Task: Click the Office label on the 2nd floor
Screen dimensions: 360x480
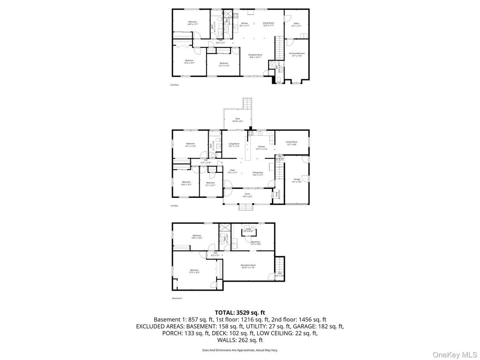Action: (296, 24)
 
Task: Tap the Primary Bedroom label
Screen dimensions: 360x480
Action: (296, 54)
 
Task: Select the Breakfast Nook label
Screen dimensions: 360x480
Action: (255, 56)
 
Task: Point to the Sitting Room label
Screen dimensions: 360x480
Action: (268, 24)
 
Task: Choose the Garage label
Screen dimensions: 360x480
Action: (297, 180)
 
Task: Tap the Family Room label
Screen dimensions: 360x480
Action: (291, 143)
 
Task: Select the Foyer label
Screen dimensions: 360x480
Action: (232, 171)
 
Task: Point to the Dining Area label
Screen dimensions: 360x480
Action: (257, 173)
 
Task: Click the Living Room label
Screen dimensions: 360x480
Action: (234, 145)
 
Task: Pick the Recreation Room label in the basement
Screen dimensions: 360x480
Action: (248, 266)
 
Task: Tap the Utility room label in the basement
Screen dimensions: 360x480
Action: (248, 230)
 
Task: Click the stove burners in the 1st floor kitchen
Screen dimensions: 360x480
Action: (251, 133)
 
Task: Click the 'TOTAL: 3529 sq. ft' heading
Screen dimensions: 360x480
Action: (240, 313)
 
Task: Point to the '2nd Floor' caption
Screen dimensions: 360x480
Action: (174, 85)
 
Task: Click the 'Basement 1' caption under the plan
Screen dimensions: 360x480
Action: (177, 298)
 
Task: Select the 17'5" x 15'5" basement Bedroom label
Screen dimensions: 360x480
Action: (194, 271)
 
